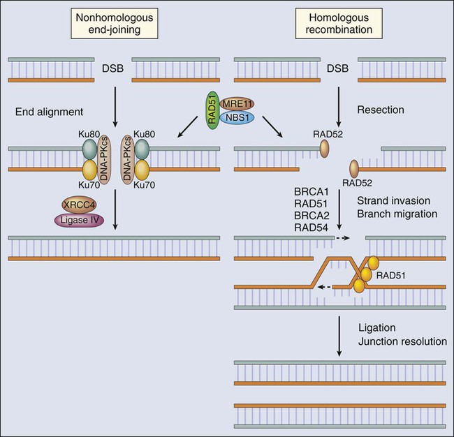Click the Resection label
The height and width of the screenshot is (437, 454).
376,110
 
